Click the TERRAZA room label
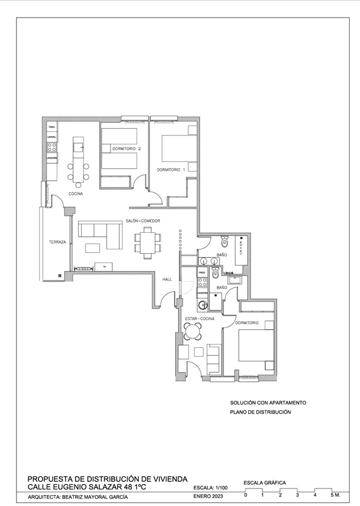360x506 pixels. (x=57, y=242)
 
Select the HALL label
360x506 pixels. (x=167, y=279)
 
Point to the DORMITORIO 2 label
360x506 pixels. (x=126, y=148)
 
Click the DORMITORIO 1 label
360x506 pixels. (x=171, y=169)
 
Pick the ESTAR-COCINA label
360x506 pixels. (x=200, y=320)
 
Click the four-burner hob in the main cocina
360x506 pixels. (x=52, y=147)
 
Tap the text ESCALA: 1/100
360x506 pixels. (x=210, y=487)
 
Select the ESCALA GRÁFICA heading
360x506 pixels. (x=265, y=483)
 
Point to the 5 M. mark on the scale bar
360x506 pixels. (x=334, y=495)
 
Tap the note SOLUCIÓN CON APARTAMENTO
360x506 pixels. (x=268, y=403)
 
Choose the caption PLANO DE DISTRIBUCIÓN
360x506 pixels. (x=260, y=412)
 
